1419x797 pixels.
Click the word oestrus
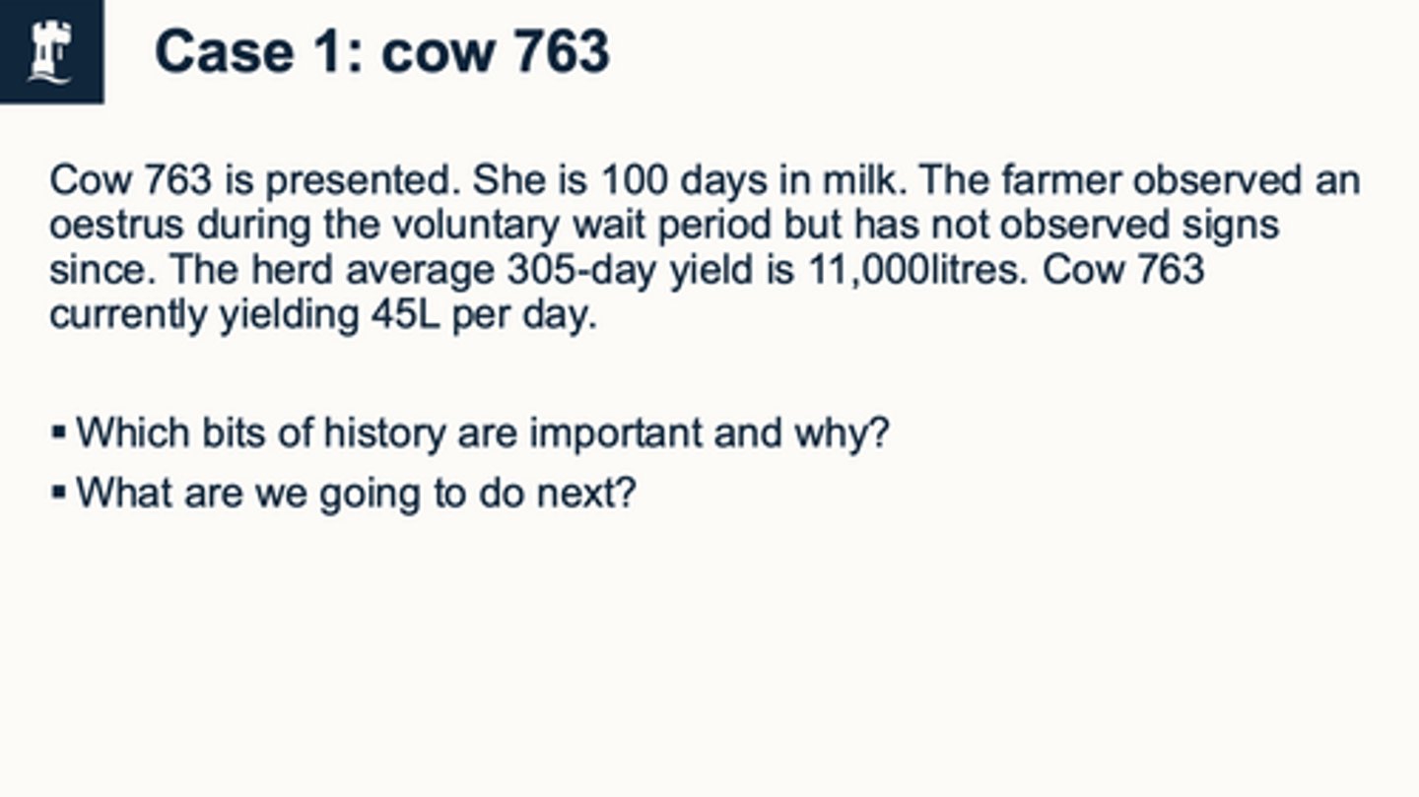coord(116,225)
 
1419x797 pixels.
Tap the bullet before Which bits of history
coord(59,432)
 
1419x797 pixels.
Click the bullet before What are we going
coord(59,490)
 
